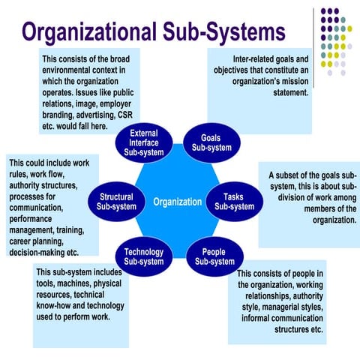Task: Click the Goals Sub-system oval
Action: coord(211,142)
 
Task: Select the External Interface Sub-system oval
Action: coord(148,142)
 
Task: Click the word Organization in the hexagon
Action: coord(177,202)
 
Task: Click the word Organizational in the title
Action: coord(101,33)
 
